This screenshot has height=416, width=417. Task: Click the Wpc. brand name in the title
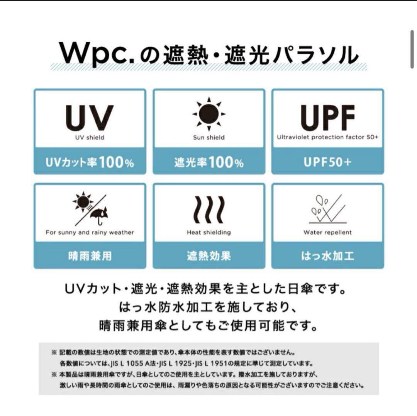coord(96,54)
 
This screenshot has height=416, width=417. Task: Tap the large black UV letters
coord(90,118)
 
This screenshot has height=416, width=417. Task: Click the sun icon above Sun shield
coord(209,114)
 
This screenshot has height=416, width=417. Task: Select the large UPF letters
coord(328,118)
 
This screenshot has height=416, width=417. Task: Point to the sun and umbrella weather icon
coord(90,208)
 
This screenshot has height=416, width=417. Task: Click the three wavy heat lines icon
coord(209,210)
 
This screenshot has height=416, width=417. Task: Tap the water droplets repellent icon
coord(328,209)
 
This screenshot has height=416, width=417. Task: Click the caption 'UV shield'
coord(90,138)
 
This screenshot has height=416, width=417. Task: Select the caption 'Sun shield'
coord(209,138)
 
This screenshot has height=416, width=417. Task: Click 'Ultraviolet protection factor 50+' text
coord(327,137)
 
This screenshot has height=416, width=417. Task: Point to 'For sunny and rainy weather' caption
coord(90,232)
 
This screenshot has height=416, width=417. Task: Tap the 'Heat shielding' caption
coord(209,232)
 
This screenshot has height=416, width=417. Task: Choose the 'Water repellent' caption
coord(328,232)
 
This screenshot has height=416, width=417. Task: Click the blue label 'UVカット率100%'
coord(90,162)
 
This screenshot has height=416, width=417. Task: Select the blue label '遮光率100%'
coord(209,162)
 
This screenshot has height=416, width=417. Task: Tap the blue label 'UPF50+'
coord(328,162)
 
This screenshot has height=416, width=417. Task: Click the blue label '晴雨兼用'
coord(90,256)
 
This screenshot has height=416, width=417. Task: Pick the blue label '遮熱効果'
coord(209,256)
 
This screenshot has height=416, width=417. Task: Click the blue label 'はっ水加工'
coord(328,256)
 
